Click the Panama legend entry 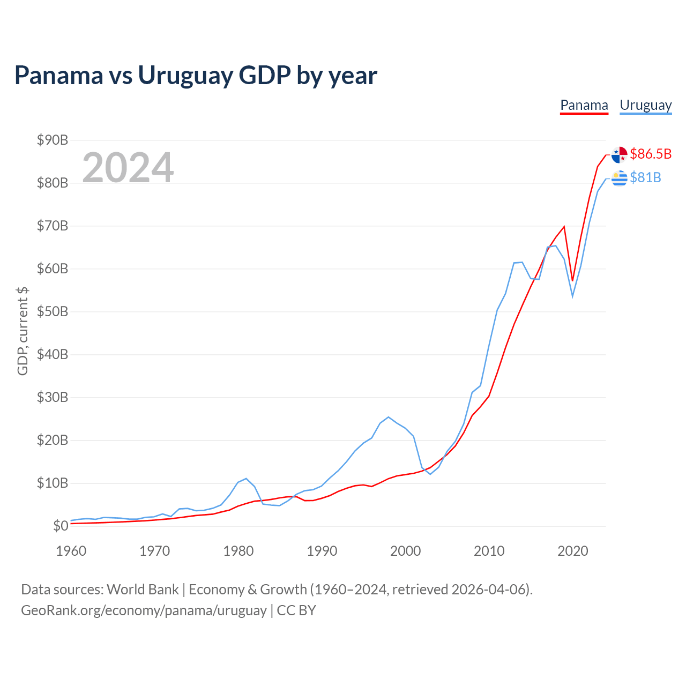coord(584,106)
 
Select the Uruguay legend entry coord(645,106)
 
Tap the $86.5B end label coord(651,154)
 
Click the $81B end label coord(645,177)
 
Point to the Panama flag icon coord(619,154)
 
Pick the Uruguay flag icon coord(619,178)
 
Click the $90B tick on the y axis coord(53,140)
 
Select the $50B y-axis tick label coord(53,311)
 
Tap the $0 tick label coord(61,526)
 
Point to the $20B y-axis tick coord(53,441)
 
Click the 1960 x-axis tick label coord(71,551)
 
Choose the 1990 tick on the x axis coord(322,551)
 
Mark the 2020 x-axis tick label coord(572,551)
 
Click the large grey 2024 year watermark coord(128,167)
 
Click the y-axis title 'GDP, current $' coord(23,331)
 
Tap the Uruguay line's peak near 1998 coord(389,417)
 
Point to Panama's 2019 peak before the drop coord(564,226)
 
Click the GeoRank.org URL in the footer coord(144,610)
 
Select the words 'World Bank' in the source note coord(143,590)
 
